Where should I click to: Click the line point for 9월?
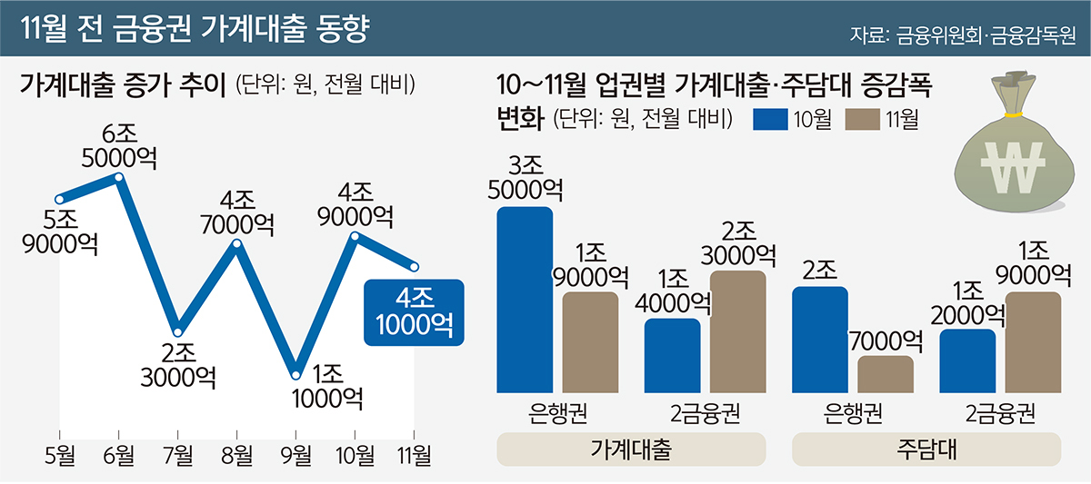pyautogui.click(x=295, y=372)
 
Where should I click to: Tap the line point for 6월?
pyautogui.click(x=119, y=176)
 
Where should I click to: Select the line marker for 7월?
pyautogui.click(x=178, y=330)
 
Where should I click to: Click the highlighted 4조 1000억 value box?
pyautogui.click(x=413, y=312)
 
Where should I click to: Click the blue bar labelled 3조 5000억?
pyautogui.click(x=525, y=300)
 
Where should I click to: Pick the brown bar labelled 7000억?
pyautogui.click(x=886, y=374)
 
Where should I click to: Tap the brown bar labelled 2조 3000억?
pyautogui.click(x=738, y=331)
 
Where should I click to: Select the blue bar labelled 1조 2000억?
pyautogui.click(x=967, y=361)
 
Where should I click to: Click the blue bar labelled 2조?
pyautogui.click(x=821, y=340)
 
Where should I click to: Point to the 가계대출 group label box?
pyautogui.click(x=631, y=449)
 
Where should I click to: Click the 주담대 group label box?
pyautogui.click(x=926, y=449)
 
